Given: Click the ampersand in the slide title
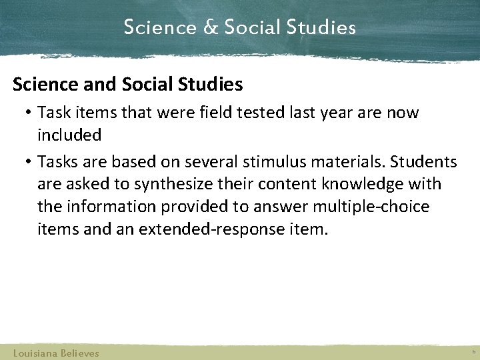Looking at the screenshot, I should point(209,28).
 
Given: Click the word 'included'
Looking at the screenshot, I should point(69,135).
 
